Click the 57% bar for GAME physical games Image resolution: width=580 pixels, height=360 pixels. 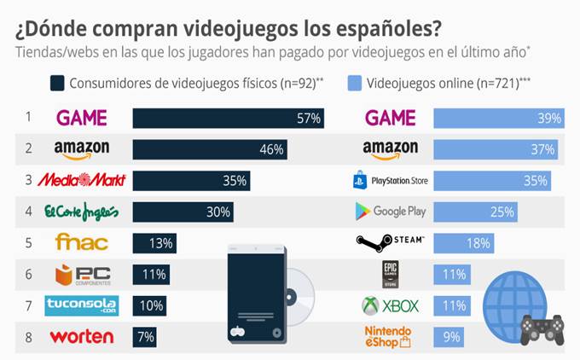(229, 118)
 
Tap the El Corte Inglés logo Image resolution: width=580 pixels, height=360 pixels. (82, 212)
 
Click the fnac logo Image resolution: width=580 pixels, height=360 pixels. (82, 243)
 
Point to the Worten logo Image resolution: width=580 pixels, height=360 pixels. (82, 336)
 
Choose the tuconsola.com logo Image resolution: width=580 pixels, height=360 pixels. (82, 305)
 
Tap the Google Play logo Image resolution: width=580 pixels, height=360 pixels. (389, 212)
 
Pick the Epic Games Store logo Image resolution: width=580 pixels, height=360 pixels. (390, 275)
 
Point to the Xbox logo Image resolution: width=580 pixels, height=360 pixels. (389, 305)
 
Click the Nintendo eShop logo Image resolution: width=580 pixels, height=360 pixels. (389, 336)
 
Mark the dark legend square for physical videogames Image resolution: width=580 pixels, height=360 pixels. (58, 83)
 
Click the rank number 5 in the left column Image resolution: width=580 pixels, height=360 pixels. (28, 243)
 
